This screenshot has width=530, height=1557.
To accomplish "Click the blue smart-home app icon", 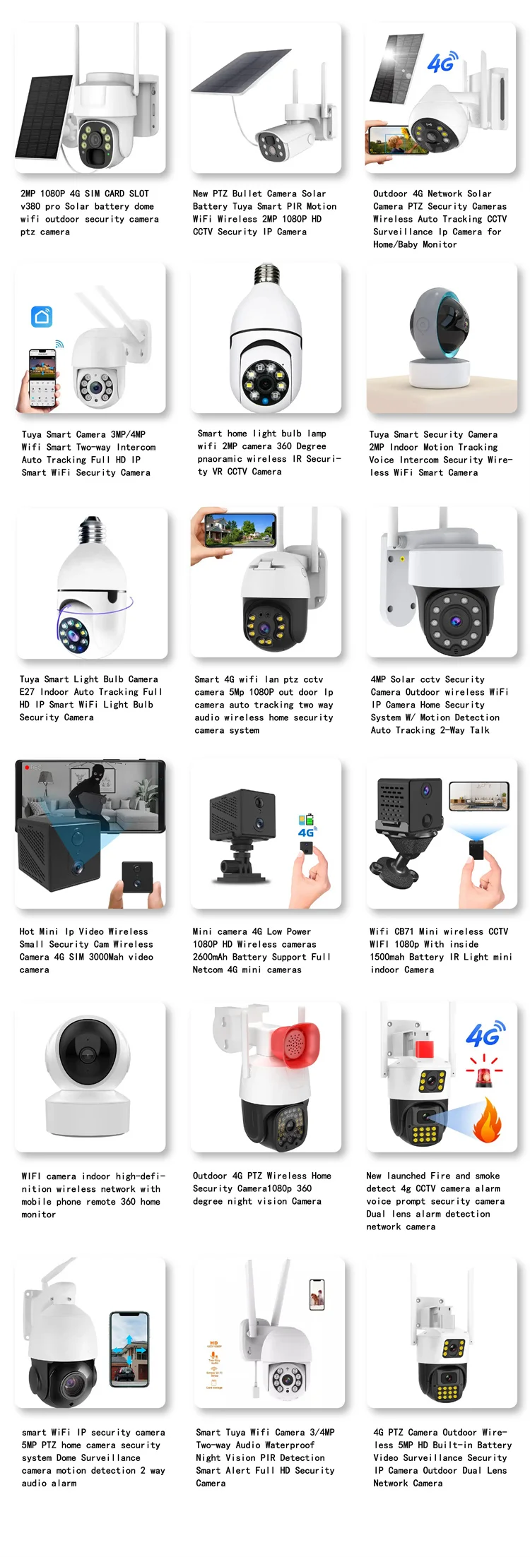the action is tap(42, 316).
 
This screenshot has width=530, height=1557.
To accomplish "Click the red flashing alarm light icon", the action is tap(484, 1074).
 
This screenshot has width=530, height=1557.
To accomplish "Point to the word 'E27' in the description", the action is tap(28, 692).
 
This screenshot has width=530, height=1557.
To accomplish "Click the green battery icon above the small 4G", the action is tap(306, 820).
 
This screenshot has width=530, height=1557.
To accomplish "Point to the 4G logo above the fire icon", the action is tap(484, 1035).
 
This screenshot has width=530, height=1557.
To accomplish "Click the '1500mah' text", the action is tap(387, 957).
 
